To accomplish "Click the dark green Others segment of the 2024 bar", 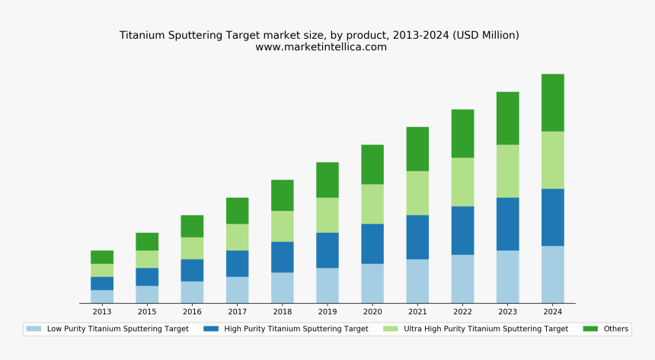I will (x=552, y=103).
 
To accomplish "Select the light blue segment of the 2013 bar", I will (x=102, y=296).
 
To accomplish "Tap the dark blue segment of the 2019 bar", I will (x=327, y=250).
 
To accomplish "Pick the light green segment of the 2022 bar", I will (x=462, y=182).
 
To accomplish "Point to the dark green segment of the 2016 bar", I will (x=192, y=226).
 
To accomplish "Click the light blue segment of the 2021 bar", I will (x=417, y=281).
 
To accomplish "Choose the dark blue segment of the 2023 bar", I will (x=507, y=224).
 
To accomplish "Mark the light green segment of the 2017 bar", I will (x=237, y=237).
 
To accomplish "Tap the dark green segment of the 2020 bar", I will (x=372, y=164).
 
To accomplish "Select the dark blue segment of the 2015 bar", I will (x=147, y=276).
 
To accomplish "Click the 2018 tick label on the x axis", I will (x=282, y=312).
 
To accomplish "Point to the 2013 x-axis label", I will (x=102, y=312).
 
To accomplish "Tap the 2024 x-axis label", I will (x=552, y=312).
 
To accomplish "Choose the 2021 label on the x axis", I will (x=417, y=312).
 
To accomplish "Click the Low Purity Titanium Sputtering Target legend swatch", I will (x=34, y=329).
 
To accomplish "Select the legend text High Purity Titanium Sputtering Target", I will (x=296, y=329).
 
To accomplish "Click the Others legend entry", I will (x=615, y=329).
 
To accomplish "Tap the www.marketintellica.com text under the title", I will (x=321, y=47).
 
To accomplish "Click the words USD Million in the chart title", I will (x=487, y=35).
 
